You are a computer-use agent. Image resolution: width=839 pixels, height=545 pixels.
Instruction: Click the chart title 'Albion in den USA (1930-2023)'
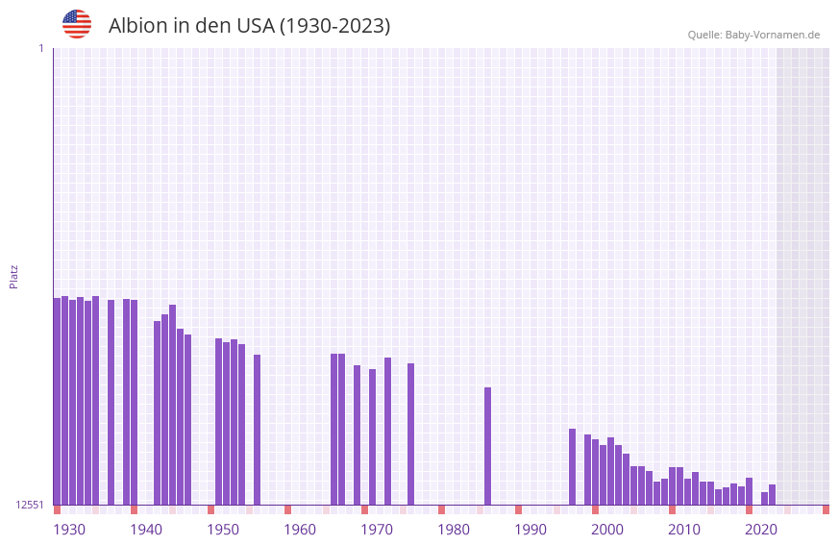249,26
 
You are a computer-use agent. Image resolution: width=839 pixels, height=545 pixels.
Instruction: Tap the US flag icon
77,24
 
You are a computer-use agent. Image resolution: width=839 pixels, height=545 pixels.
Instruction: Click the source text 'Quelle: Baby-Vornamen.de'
753,35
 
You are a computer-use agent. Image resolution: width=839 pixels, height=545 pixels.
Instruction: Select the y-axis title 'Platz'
13,276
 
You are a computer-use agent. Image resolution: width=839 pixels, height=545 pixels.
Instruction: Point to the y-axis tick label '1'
40,48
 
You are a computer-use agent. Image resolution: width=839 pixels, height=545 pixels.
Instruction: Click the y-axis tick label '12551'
31,505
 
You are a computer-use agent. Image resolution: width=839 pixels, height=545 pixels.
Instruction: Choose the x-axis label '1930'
69,530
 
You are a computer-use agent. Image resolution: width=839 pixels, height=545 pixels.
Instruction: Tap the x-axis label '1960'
300,530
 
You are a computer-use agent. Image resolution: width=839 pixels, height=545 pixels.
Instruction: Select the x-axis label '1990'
531,530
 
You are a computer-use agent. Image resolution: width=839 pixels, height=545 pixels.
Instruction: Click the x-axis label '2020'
761,530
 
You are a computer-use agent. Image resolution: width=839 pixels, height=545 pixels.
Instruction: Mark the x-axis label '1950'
223,530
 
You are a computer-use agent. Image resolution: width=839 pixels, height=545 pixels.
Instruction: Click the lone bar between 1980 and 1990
487,446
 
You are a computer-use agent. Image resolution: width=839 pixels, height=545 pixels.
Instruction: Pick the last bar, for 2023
772,494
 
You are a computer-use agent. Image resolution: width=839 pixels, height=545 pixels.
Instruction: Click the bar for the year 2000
595,472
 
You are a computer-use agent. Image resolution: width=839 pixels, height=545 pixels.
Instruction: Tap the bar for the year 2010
672,485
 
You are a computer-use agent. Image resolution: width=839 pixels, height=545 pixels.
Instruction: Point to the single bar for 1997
572,466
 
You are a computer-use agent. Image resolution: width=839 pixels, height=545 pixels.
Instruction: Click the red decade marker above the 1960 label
287,509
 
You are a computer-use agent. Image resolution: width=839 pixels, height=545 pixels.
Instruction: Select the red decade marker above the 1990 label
518,509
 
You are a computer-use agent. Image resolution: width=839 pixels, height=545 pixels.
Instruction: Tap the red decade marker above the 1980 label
441,509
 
